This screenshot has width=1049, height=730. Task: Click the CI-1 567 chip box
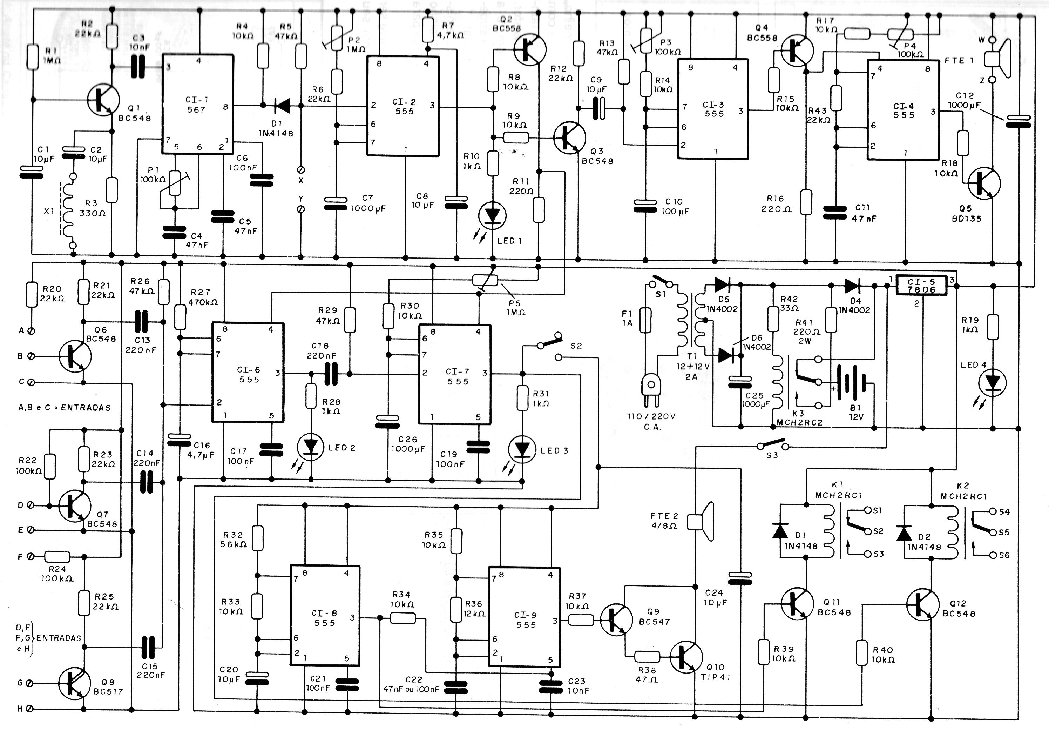[198, 104]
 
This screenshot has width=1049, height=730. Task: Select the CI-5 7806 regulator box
[921, 285]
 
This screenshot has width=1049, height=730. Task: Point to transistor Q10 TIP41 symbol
[686, 657]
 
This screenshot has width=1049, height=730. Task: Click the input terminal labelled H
[30, 709]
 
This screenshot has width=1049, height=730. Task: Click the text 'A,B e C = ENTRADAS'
[65, 407]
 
